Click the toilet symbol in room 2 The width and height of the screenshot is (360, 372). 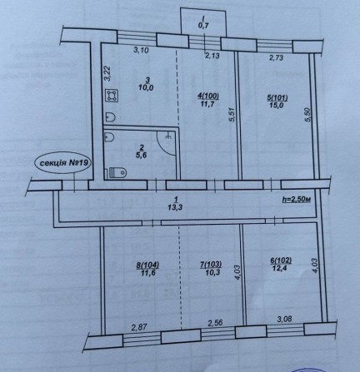click(115, 172)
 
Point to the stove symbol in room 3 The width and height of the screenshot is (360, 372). click(110, 97)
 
